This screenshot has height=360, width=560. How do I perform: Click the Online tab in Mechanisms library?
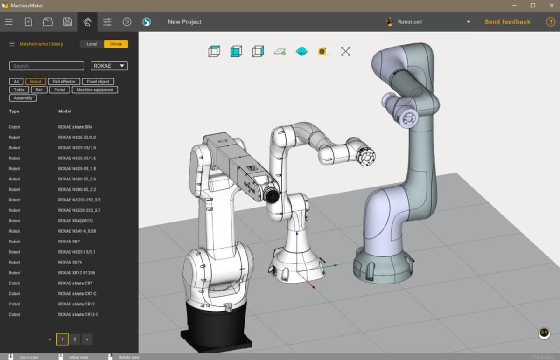pos(116,44)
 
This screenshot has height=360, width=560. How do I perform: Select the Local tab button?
pos(91,44)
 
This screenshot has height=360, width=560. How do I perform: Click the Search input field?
pos(47,66)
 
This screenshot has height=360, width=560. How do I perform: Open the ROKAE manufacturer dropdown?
pos(109,66)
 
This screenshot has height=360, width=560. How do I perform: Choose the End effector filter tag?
pos(64,82)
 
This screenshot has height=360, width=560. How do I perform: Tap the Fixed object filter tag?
pos(98,82)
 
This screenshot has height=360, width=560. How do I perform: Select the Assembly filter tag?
pos(23,98)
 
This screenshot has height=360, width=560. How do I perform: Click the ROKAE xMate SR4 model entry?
pos(75,127)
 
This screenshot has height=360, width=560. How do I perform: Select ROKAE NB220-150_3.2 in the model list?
pos(79,200)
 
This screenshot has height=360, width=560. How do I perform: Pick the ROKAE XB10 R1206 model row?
pos(77,273)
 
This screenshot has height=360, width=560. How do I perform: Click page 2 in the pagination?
pos(75,339)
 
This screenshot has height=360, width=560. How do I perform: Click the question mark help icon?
pos(551,22)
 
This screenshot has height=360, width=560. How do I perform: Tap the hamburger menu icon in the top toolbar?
pos(8,22)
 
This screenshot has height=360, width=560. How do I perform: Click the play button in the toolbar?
pos(127,22)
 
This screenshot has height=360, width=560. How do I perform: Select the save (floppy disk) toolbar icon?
pos(68,22)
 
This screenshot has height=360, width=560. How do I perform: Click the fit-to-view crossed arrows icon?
pos(345,51)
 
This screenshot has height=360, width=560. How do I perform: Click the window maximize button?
pos(532,6)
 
